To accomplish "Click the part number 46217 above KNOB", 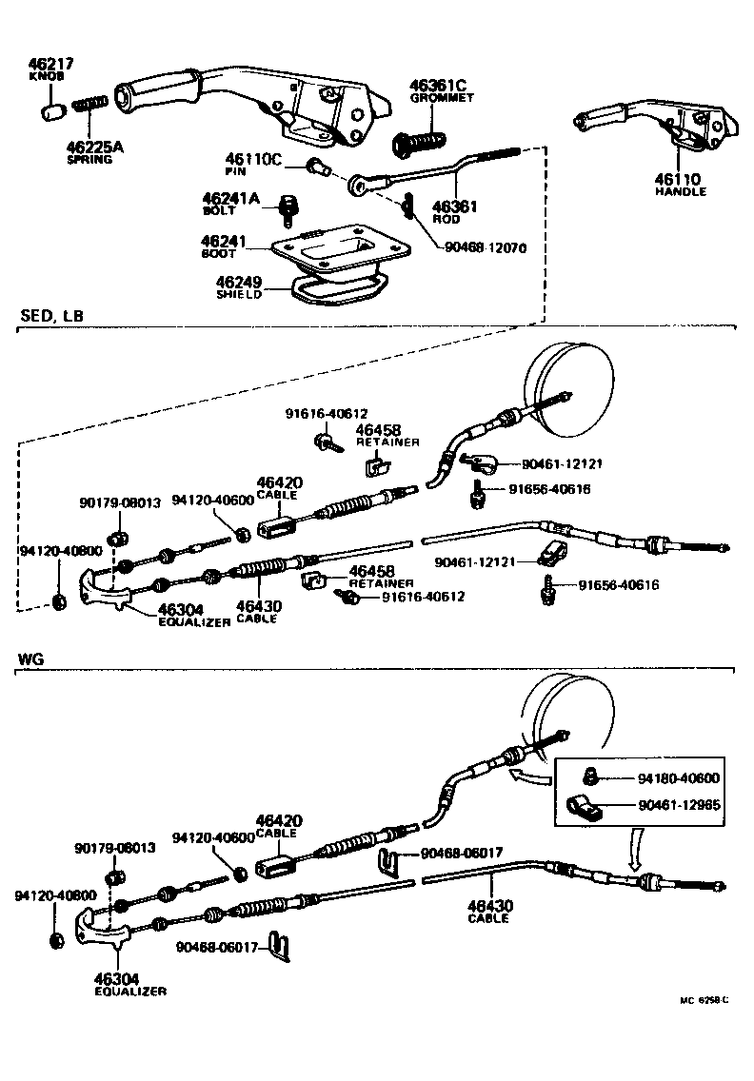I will pyautogui.click(x=52, y=65).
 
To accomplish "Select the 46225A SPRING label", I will pyautogui.click(x=89, y=152).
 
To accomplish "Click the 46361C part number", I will pyautogui.click(x=440, y=85).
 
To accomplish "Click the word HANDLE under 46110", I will pyautogui.click(x=681, y=191).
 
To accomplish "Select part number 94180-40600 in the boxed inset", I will pyautogui.click(x=680, y=777).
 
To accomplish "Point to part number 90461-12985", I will pyautogui.click(x=680, y=805).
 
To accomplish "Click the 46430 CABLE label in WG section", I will pyautogui.click(x=488, y=911).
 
